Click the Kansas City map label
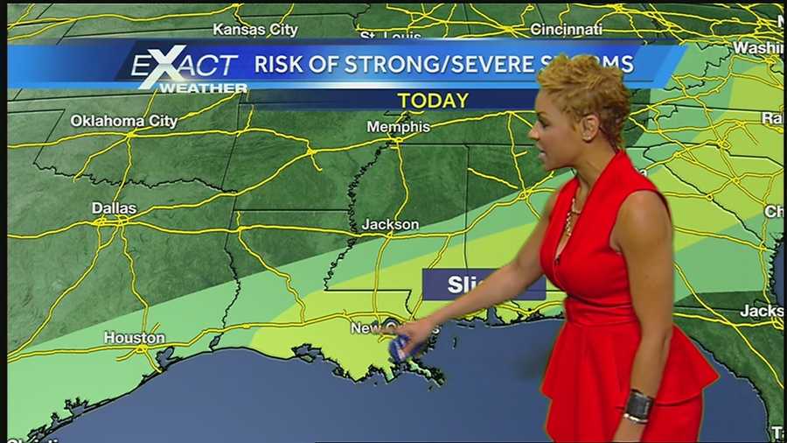255,30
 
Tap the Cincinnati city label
566,30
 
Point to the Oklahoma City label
124,121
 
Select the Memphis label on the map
398,127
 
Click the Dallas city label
114,208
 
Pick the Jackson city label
390,225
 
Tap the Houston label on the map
134,337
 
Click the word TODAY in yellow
433,101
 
